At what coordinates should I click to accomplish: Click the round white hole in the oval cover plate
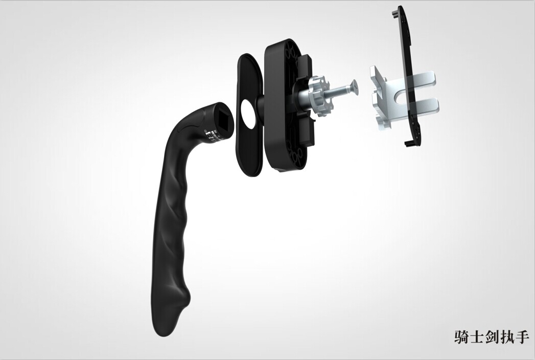[x=248, y=114]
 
